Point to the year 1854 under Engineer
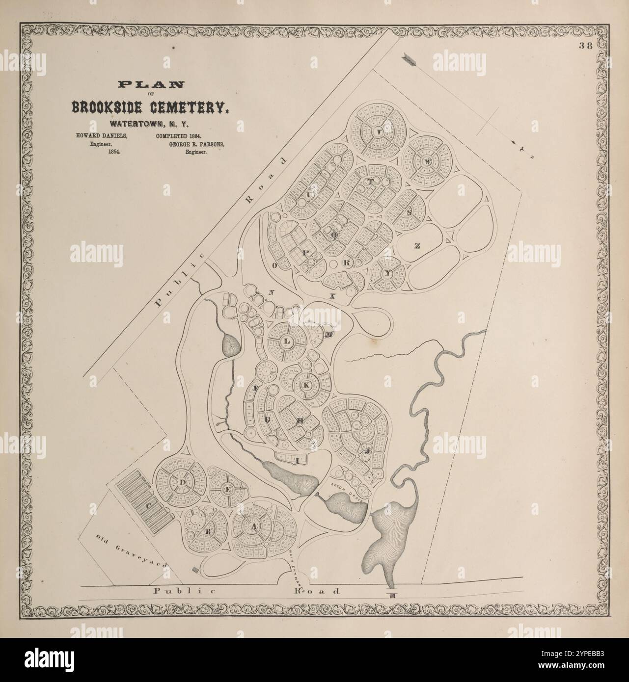114,153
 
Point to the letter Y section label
387,274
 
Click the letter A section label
254,526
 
